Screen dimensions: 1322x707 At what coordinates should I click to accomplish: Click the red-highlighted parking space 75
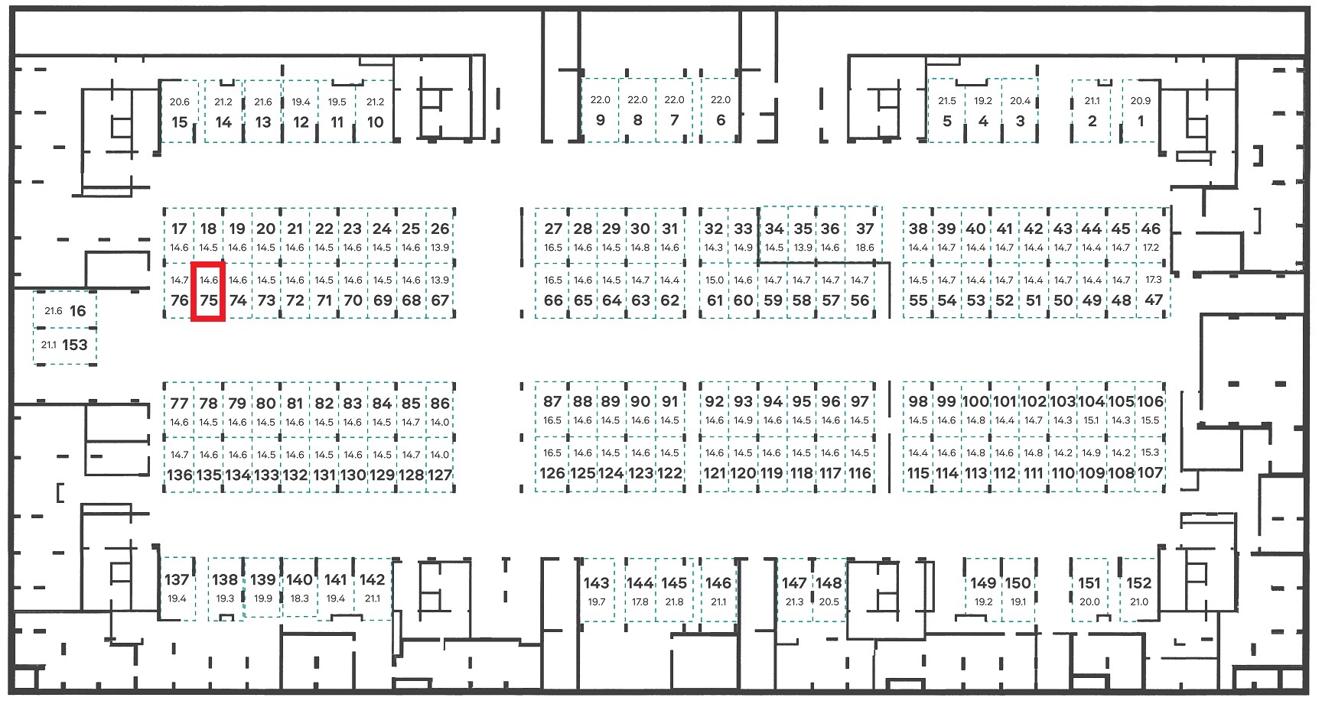tap(208, 291)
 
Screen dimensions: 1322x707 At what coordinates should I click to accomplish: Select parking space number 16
tap(64, 310)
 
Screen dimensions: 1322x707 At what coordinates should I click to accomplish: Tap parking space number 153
tap(64, 345)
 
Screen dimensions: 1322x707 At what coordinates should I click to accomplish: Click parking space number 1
tap(1141, 111)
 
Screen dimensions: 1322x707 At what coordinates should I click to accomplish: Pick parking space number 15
tap(180, 112)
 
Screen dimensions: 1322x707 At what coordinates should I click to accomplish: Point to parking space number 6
tap(720, 110)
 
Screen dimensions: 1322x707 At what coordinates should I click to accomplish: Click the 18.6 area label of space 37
tap(865, 248)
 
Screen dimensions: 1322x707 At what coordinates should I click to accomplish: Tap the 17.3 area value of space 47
tap(1153, 280)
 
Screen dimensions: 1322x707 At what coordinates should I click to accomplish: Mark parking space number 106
tap(1150, 409)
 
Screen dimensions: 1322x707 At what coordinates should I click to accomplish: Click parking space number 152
tap(1139, 589)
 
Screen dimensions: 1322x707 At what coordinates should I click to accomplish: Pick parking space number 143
tap(597, 589)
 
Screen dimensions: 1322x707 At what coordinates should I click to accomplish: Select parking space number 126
tap(552, 464)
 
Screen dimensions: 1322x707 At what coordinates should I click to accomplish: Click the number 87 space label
tap(552, 401)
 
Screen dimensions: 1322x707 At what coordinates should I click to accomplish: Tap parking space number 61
tap(715, 291)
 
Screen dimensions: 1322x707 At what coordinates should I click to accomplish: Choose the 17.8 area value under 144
tap(640, 602)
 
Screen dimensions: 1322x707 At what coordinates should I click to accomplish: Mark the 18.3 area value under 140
tap(300, 598)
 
